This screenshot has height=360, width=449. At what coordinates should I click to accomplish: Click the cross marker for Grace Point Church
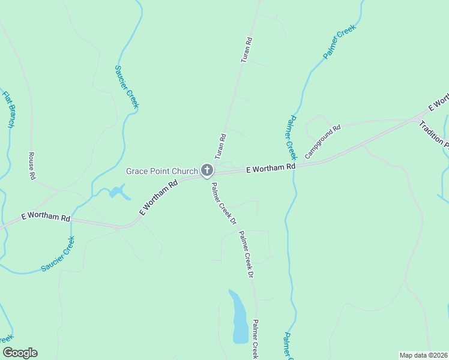pyautogui.click(x=207, y=170)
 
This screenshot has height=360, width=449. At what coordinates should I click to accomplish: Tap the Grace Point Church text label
pyautogui.click(x=161, y=172)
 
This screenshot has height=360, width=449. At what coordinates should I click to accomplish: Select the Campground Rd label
pyautogui.click(x=322, y=142)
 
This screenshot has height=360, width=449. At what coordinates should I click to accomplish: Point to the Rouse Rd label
pyautogui.click(x=32, y=166)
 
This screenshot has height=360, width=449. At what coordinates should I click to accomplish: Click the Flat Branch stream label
pyautogui.click(x=8, y=109)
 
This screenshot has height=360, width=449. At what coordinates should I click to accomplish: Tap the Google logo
pyautogui.click(x=20, y=353)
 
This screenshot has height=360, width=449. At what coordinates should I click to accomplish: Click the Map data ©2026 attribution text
pyautogui.click(x=423, y=355)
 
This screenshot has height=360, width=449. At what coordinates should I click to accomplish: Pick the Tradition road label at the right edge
pyautogui.click(x=433, y=134)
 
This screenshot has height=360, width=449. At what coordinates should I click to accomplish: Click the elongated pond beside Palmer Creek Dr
pyautogui.click(x=240, y=318)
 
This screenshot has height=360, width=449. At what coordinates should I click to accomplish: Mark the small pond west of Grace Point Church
pyautogui.click(x=118, y=192)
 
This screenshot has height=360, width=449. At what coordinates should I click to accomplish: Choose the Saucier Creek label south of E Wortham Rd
pyautogui.click(x=58, y=254)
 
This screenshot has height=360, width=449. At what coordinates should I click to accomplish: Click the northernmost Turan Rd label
pyautogui.click(x=246, y=50)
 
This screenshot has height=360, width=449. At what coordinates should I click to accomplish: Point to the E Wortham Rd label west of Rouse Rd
pyautogui.click(x=46, y=217)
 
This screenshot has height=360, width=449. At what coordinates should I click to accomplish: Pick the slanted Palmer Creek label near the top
pyautogui.click(x=340, y=41)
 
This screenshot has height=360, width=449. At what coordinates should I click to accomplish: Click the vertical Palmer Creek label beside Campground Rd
pyautogui.click(x=291, y=137)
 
